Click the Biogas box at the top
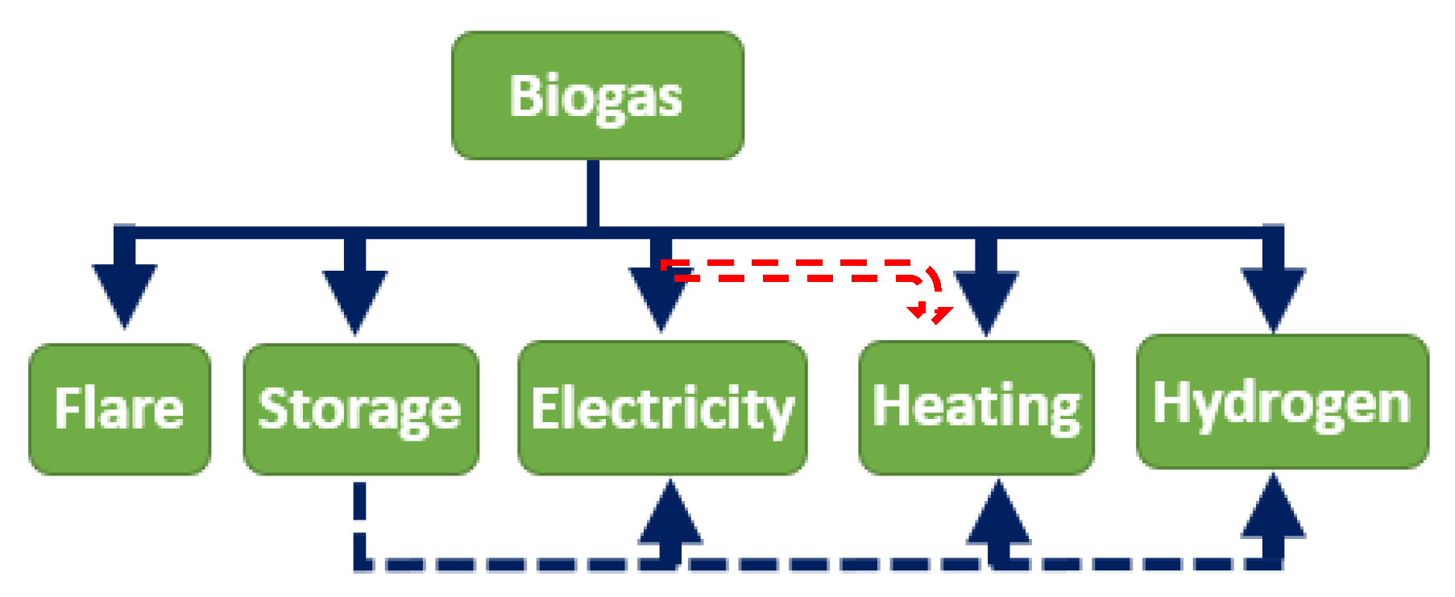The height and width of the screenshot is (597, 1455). pos(597,96)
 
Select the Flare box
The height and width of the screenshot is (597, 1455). pos(120,408)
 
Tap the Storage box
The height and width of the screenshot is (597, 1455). pos(361,408)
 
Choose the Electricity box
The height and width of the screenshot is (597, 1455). pos(662,408)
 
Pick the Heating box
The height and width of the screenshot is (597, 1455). pos(976,407)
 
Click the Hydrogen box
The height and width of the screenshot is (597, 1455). pos(1282,402)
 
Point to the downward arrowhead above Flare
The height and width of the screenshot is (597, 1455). pos(124,293)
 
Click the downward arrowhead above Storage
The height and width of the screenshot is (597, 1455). pos(354,298)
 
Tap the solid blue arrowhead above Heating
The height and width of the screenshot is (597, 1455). pos(986,300)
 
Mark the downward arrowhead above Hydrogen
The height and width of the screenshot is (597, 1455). pos(1273,296)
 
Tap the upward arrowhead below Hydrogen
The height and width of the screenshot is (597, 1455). pos(1273,509)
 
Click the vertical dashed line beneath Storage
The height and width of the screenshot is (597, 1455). pos(359,520)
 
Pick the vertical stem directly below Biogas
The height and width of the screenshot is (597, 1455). pos(593,193)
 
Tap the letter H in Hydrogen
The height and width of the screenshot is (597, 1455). pos(1169,400)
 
